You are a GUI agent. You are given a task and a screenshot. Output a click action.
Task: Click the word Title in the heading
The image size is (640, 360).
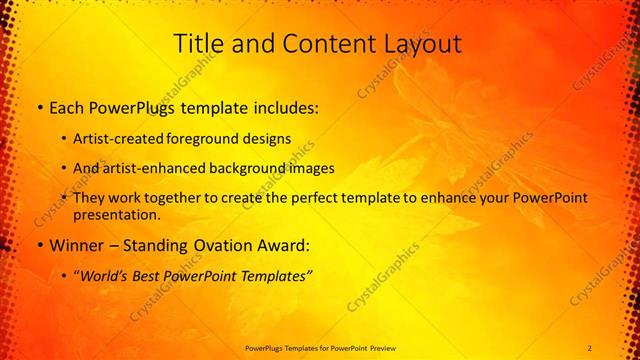pyautogui.click(x=198, y=43)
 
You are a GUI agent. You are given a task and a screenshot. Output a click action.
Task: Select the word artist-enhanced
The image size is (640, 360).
pyautogui.click(x=151, y=168)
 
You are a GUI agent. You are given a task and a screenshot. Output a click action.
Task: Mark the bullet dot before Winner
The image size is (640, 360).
pyautogui.click(x=38, y=245)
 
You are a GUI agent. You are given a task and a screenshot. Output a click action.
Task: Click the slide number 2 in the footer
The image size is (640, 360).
pyautogui.click(x=590, y=347)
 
